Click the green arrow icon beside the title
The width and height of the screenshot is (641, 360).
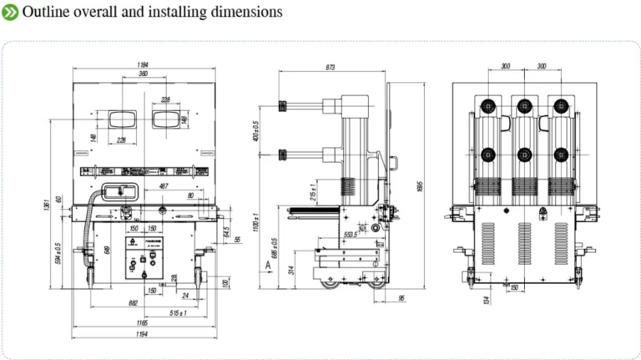point(11,12)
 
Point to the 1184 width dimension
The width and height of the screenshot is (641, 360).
point(144,64)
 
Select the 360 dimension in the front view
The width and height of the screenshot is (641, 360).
point(144,75)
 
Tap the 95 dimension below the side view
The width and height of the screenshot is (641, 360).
point(402,297)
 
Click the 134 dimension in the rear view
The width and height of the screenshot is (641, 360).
point(486,299)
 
